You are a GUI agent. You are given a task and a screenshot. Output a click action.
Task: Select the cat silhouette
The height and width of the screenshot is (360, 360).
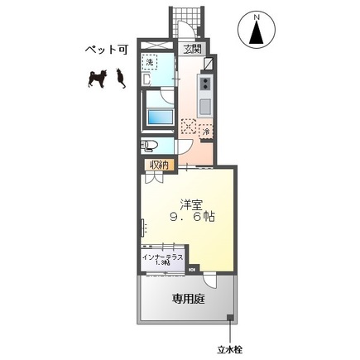pyautogui.click(x=119, y=78)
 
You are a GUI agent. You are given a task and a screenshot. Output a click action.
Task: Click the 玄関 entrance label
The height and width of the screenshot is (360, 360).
pyautogui.click(x=192, y=49)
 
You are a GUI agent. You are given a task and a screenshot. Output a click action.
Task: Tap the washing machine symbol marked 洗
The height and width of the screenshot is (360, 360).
pyautogui.click(x=151, y=62)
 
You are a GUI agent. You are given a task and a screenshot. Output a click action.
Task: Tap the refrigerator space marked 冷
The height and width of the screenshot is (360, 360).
pyautogui.click(x=205, y=130)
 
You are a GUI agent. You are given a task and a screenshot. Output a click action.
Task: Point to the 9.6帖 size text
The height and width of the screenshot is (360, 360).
pyautogui.click(x=192, y=218)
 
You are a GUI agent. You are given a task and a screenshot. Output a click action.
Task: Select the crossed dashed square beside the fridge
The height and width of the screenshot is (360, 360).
pyautogui.click(x=190, y=127)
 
